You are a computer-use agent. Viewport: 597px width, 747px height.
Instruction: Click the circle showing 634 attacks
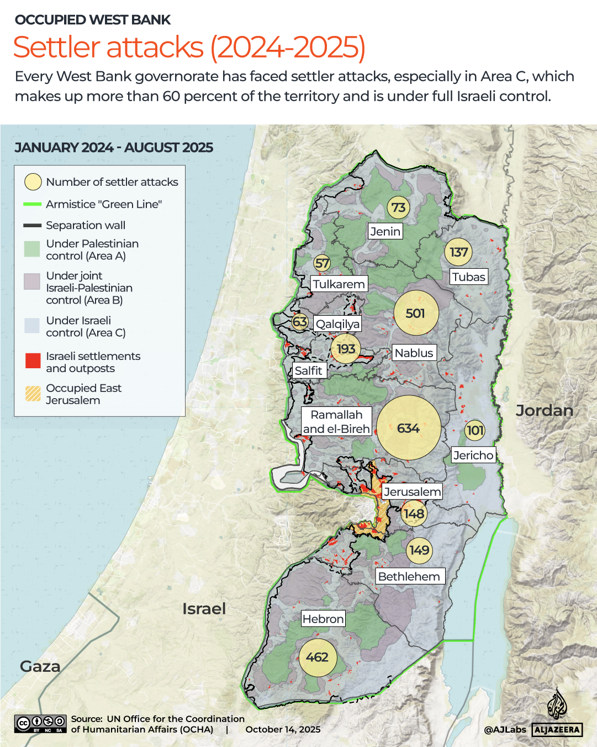[x=409, y=428]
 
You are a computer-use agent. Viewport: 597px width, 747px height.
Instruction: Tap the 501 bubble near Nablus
[x=416, y=313]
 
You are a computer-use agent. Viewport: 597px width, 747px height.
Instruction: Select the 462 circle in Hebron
[x=317, y=657]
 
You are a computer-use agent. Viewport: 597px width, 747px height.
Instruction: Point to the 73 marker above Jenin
[x=398, y=207]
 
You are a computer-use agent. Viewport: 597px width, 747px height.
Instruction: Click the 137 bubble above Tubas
[x=458, y=252]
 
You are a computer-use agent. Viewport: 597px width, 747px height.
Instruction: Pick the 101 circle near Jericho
[x=475, y=430]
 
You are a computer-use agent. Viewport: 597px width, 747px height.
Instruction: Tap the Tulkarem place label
[x=339, y=284]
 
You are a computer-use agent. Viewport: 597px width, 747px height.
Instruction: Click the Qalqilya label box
[x=337, y=324]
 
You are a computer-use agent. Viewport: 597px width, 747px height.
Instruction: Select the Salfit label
[x=308, y=370]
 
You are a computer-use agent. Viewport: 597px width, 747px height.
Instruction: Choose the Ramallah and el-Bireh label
[x=336, y=422]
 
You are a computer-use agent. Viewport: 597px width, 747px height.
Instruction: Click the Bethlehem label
[x=409, y=576]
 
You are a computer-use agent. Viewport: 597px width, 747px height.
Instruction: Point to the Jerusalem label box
[x=413, y=492]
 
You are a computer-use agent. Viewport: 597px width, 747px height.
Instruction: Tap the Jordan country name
[x=544, y=410]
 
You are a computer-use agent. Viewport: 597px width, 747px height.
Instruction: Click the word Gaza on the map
[x=40, y=666]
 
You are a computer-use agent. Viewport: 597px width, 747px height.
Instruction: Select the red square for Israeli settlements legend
[x=33, y=361]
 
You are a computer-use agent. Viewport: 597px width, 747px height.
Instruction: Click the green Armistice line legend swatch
[x=33, y=204]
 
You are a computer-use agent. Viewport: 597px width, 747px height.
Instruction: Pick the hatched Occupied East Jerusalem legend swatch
[x=33, y=393]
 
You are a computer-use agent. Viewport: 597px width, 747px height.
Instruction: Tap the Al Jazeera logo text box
[x=557, y=729]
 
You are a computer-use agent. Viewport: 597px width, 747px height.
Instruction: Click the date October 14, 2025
[x=283, y=729]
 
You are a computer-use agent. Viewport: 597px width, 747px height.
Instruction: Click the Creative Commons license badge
[x=40, y=723]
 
